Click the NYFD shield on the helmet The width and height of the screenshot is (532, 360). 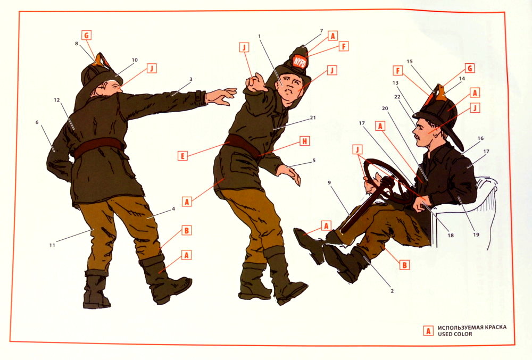point(300,62)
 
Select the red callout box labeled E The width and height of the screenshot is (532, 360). point(182,156)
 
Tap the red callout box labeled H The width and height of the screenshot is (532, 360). point(304,141)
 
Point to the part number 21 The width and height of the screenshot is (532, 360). point(313,118)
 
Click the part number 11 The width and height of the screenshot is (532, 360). point(52,245)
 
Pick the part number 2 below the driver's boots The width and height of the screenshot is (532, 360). point(392,291)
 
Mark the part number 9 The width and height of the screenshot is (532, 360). point(329,183)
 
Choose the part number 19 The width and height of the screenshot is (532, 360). point(476,235)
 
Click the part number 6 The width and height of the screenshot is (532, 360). point(37,122)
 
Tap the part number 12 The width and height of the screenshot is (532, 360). point(56,100)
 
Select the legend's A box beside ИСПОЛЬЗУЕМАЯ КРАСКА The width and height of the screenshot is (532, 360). point(428,331)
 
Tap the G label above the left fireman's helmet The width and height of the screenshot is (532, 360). point(87,35)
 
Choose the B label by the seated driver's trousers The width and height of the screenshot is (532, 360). point(404,265)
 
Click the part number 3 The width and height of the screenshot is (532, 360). point(190,79)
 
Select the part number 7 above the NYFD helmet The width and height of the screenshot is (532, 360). point(321,31)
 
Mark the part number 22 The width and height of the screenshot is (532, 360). point(397,97)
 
